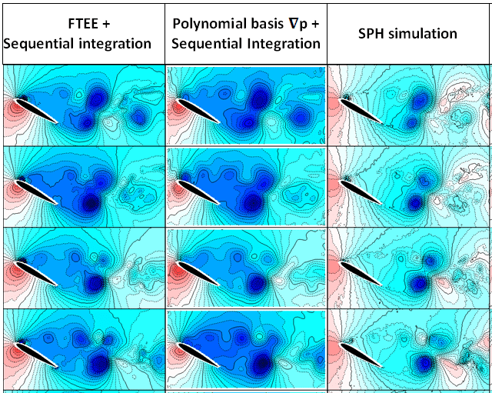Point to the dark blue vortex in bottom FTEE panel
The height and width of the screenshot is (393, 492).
tap(100, 362)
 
